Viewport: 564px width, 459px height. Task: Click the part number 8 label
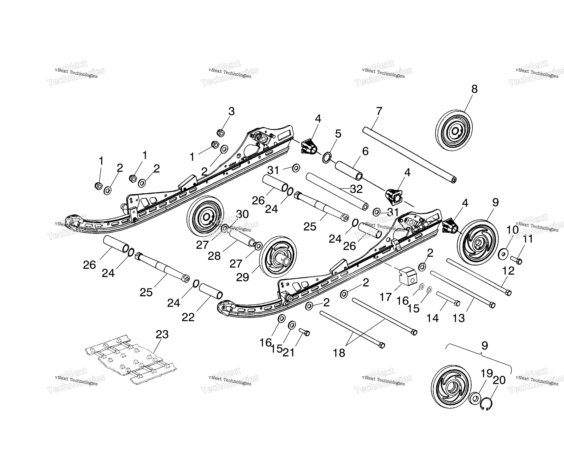475,89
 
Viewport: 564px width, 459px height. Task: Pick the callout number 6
365,151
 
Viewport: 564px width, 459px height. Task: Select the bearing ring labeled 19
475,399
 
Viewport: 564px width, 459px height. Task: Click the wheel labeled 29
278,257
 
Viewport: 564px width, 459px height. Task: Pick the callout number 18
339,353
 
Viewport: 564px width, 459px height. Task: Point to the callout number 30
242,214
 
